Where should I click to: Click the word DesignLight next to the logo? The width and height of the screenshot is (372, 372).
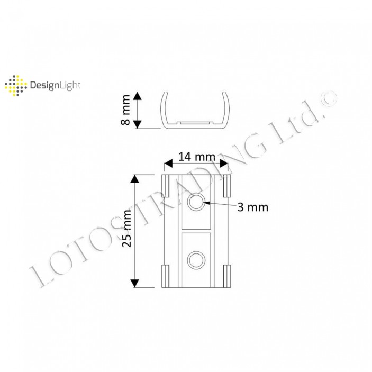pyautogui.click(x=56, y=85)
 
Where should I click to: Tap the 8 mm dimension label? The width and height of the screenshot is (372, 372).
pyautogui.click(x=125, y=110)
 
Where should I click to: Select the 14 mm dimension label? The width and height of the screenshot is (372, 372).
pyautogui.click(x=196, y=157)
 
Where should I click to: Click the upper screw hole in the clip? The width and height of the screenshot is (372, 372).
pyautogui.click(x=196, y=202)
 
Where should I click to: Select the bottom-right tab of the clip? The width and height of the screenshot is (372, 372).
pyautogui.click(x=228, y=275)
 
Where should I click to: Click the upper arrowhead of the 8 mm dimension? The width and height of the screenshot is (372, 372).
pyautogui.click(x=137, y=96)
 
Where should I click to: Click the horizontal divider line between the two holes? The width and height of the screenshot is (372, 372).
pyautogui.click(x=196, y=231)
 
